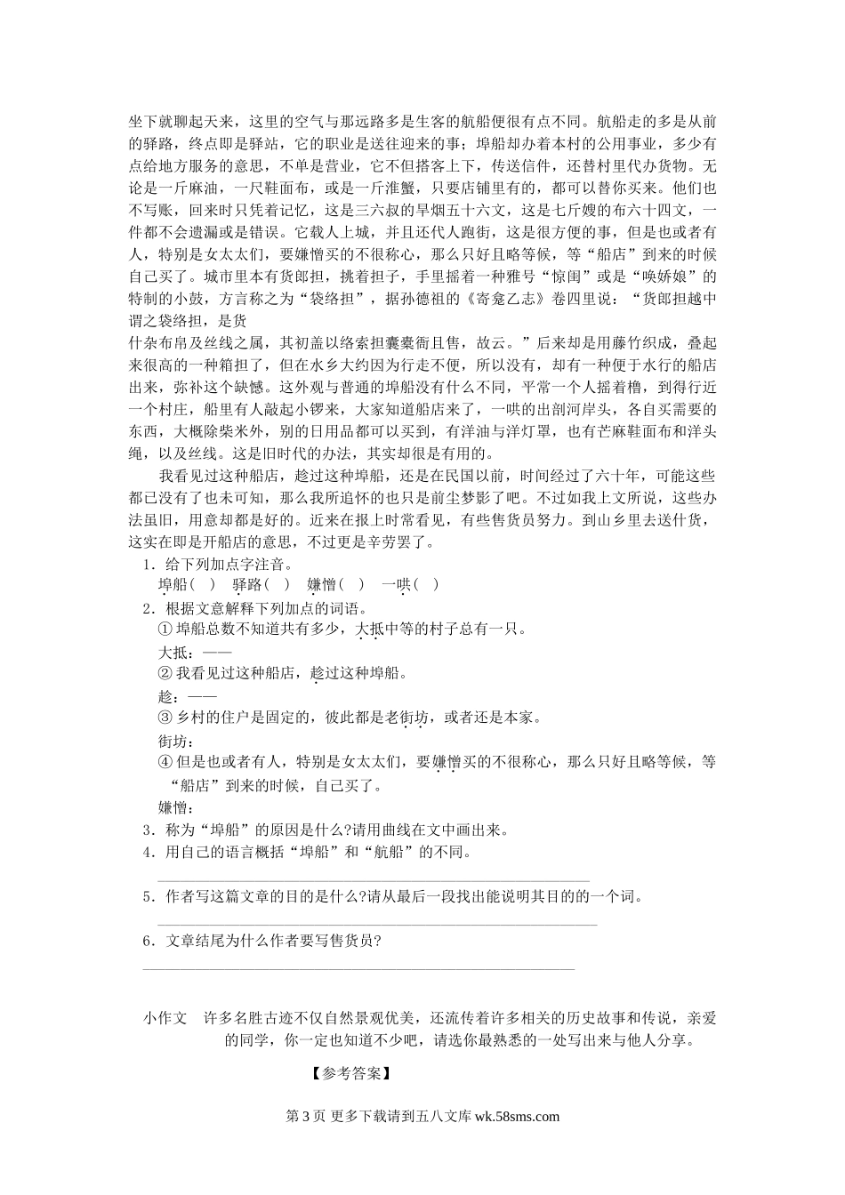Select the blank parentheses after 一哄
click(427, 584)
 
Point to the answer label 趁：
click(167, 696)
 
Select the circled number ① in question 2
click(164, 630)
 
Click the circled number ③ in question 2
click(164, 718)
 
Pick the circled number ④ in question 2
click(164, 762)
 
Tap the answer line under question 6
click(359, 967)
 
